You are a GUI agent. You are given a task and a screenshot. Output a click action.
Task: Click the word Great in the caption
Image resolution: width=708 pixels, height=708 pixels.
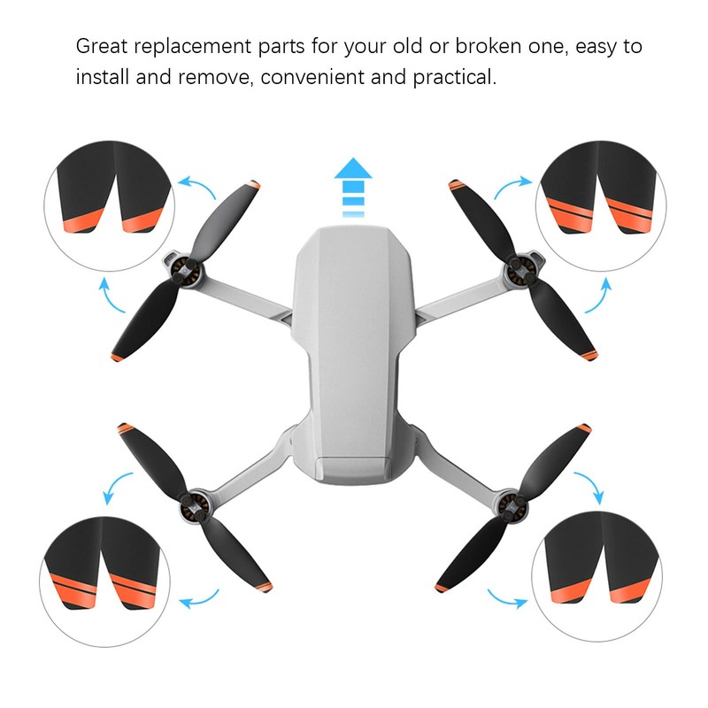click(x=101, y=46)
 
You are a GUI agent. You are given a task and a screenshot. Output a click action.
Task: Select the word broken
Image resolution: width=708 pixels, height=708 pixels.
click(x=476, y=46)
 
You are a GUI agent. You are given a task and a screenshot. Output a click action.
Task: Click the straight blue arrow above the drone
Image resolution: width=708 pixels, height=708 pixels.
click(x=354, y=186)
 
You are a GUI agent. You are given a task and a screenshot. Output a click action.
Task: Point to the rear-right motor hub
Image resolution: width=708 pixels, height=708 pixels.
click(x=512, y=507)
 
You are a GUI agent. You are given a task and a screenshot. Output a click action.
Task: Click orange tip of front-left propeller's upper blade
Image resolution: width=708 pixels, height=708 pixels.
click(x=255, y=187)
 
